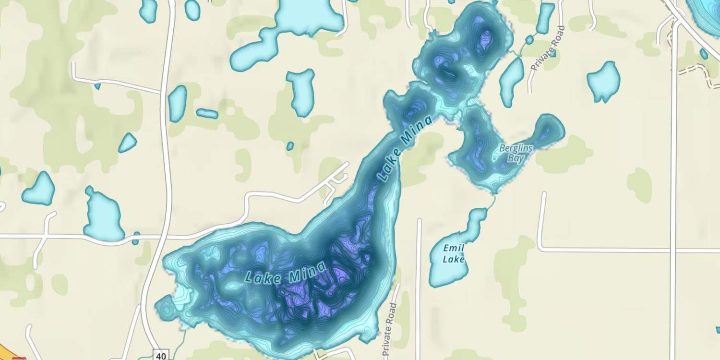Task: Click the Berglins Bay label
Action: point(516,153)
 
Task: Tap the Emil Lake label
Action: point(454,253)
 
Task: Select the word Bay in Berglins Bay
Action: point(515,158)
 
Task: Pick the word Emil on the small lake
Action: point(453,248)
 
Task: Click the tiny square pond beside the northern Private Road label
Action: point(553,53)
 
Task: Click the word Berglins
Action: point(516,148)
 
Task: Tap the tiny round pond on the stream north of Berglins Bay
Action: point(529,39)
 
